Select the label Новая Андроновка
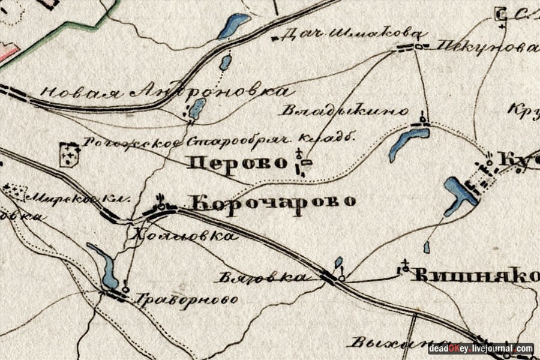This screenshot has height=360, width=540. tap(167, 92)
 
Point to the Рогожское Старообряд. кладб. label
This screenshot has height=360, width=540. tap(220, 142)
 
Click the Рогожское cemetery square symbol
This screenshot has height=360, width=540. tap(70, 154)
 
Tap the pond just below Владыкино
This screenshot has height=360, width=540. tap(408, 142)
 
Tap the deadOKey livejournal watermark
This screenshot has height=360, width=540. tap(481, 349)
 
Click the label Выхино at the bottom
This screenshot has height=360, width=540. tap(390, 344)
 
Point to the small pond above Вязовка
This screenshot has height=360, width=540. tap(338, 262)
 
